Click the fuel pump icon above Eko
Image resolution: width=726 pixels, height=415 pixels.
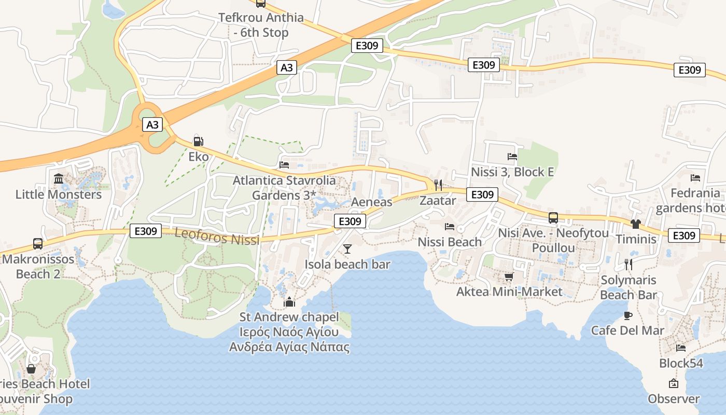click(198, 141)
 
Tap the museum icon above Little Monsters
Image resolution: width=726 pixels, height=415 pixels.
click(59, 179)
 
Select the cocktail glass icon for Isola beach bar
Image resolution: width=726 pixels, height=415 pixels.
click(347, 249)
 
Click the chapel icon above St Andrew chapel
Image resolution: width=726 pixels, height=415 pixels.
click(289, 302)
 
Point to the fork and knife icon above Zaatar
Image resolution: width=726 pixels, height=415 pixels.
click(438, 185)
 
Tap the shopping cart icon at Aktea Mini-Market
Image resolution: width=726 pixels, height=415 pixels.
click(509, 276)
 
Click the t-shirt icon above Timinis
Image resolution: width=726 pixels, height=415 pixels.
click(636, 224)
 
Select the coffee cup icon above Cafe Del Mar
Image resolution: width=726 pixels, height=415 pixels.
click(628, 315)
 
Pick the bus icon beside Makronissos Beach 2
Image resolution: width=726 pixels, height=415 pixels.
click(38, 243)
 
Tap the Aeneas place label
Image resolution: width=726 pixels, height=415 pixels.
click(372, 202)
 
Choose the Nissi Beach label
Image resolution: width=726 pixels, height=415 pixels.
click(450, 242)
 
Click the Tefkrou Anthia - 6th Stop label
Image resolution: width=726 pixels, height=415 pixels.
click(261, 25)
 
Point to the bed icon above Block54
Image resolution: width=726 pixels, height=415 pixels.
click(681, 348)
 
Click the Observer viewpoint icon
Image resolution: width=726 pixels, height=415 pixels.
click(674, 384)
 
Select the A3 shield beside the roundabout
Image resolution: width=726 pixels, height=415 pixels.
click(152, 125)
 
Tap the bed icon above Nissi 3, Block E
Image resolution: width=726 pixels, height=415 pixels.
click(512, 156)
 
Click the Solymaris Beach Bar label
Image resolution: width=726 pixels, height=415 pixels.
click(629, 287)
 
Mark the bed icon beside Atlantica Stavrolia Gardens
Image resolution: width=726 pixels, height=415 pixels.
click(284, 165)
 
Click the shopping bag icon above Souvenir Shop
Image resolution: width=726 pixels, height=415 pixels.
click(31, 369)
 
